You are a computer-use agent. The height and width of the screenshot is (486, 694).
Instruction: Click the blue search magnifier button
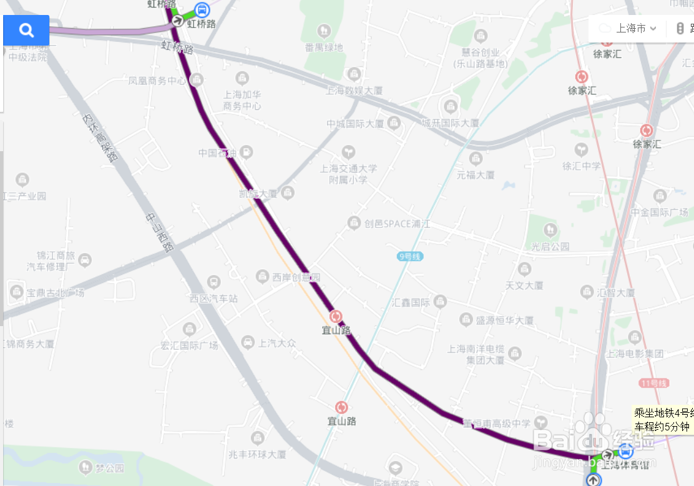click(26, 30)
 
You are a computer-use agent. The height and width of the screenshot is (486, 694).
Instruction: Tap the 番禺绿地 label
click(323, 47)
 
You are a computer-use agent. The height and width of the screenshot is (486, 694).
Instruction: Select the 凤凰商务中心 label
click(157, 81)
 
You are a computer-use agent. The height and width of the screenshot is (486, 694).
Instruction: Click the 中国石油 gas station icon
click(247, 152)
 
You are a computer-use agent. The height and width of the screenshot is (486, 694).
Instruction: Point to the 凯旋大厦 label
click(258, 194)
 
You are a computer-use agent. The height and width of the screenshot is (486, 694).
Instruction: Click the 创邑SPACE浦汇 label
click(398, 223)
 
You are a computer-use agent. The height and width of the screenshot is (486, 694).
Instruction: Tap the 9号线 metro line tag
click(410, 256)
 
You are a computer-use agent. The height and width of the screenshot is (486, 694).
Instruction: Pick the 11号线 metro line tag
click(654, 383)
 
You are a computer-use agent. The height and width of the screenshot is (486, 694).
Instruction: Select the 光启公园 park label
click(550, 246)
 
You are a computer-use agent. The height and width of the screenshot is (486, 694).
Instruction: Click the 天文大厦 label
click(524, 285)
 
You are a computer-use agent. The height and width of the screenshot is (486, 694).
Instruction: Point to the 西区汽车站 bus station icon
click(214, 282)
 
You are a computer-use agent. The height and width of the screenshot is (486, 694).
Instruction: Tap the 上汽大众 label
click(277, 343)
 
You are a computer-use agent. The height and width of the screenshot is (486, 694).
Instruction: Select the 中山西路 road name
click(159, 232)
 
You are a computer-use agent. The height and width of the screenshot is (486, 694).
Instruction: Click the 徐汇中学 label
click(581, 166)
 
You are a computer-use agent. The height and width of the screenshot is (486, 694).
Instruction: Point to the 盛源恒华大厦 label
click(504, 320)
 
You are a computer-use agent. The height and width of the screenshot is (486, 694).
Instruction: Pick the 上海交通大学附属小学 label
click(348, 174)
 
